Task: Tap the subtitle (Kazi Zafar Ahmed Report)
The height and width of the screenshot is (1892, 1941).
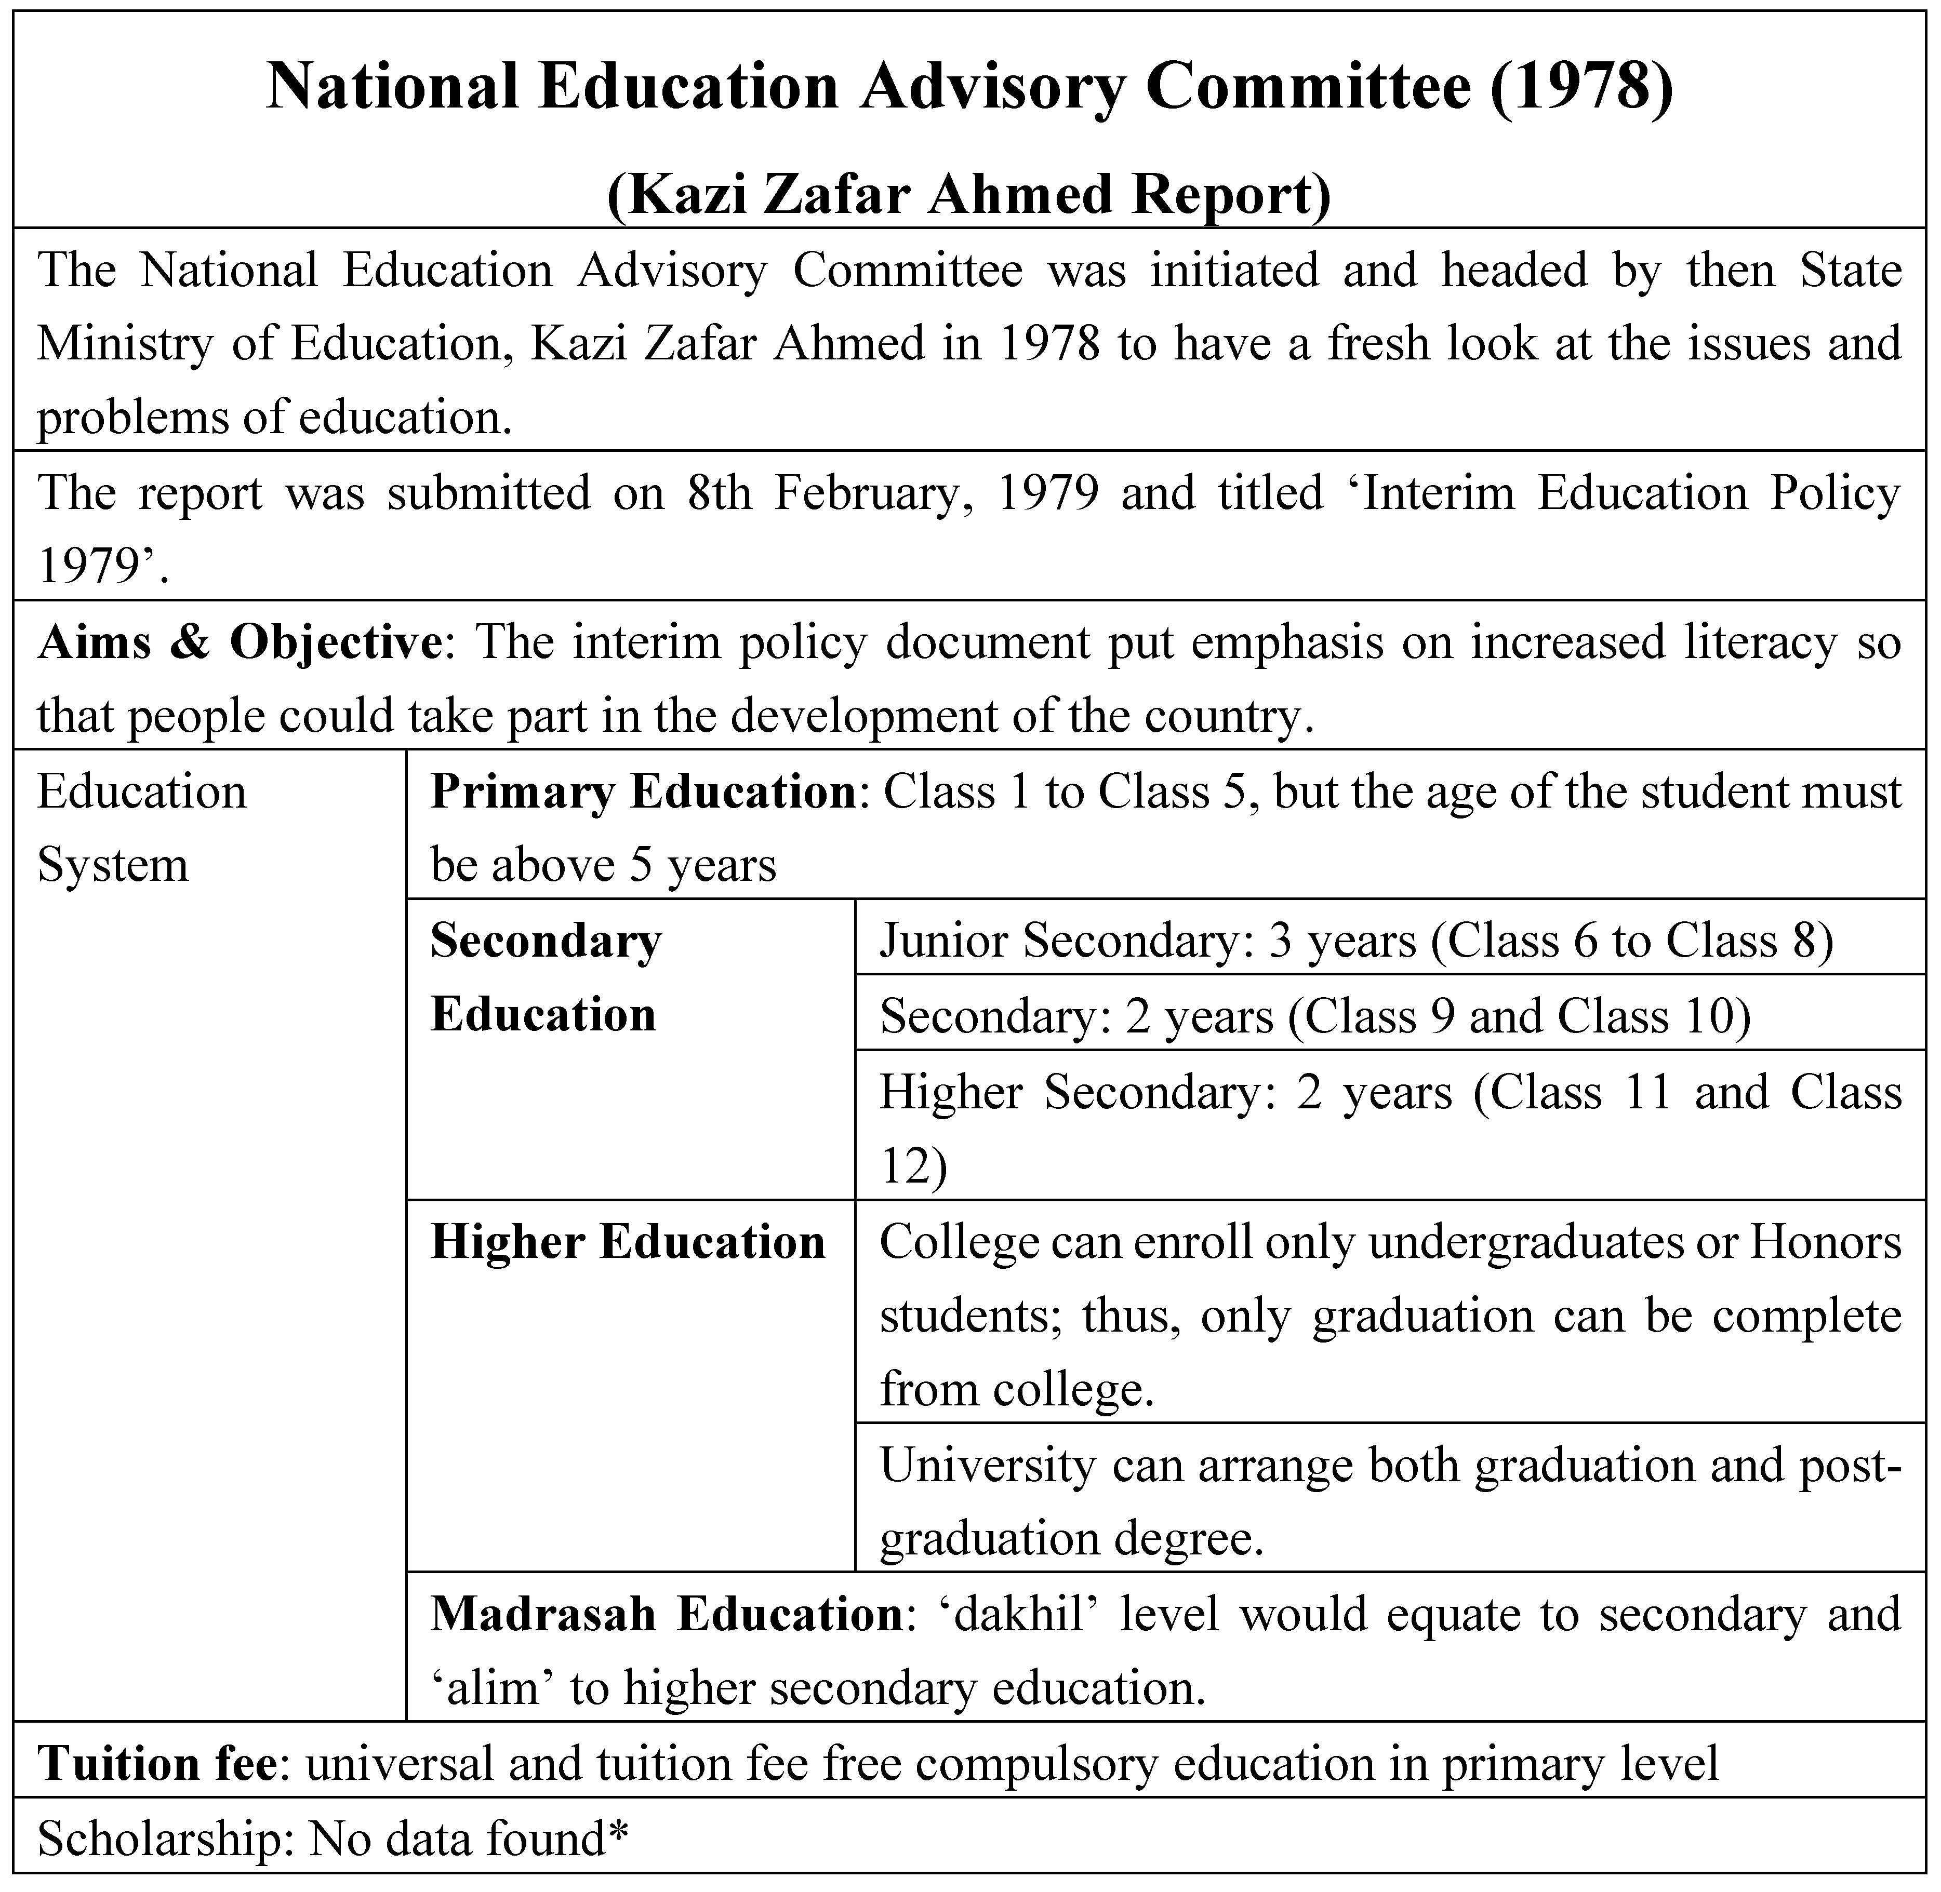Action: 969,194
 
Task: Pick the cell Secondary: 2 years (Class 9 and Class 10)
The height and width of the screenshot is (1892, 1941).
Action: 1314,1015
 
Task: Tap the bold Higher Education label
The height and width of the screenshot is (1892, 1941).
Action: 627,1242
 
